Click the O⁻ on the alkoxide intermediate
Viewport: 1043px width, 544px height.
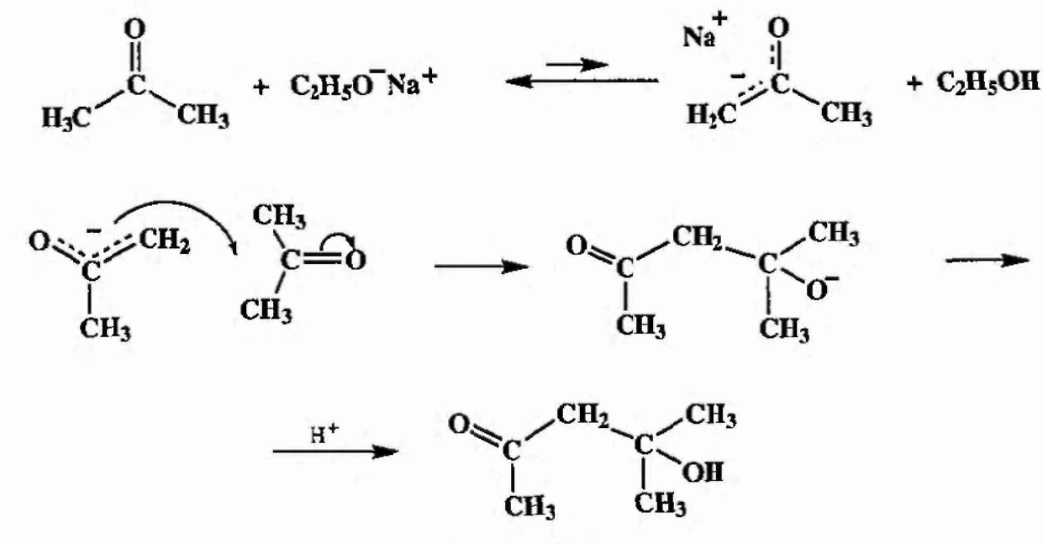point(817,291)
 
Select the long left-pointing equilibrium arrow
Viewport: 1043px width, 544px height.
point(580,82)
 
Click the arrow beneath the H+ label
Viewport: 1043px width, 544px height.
point(334,452)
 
